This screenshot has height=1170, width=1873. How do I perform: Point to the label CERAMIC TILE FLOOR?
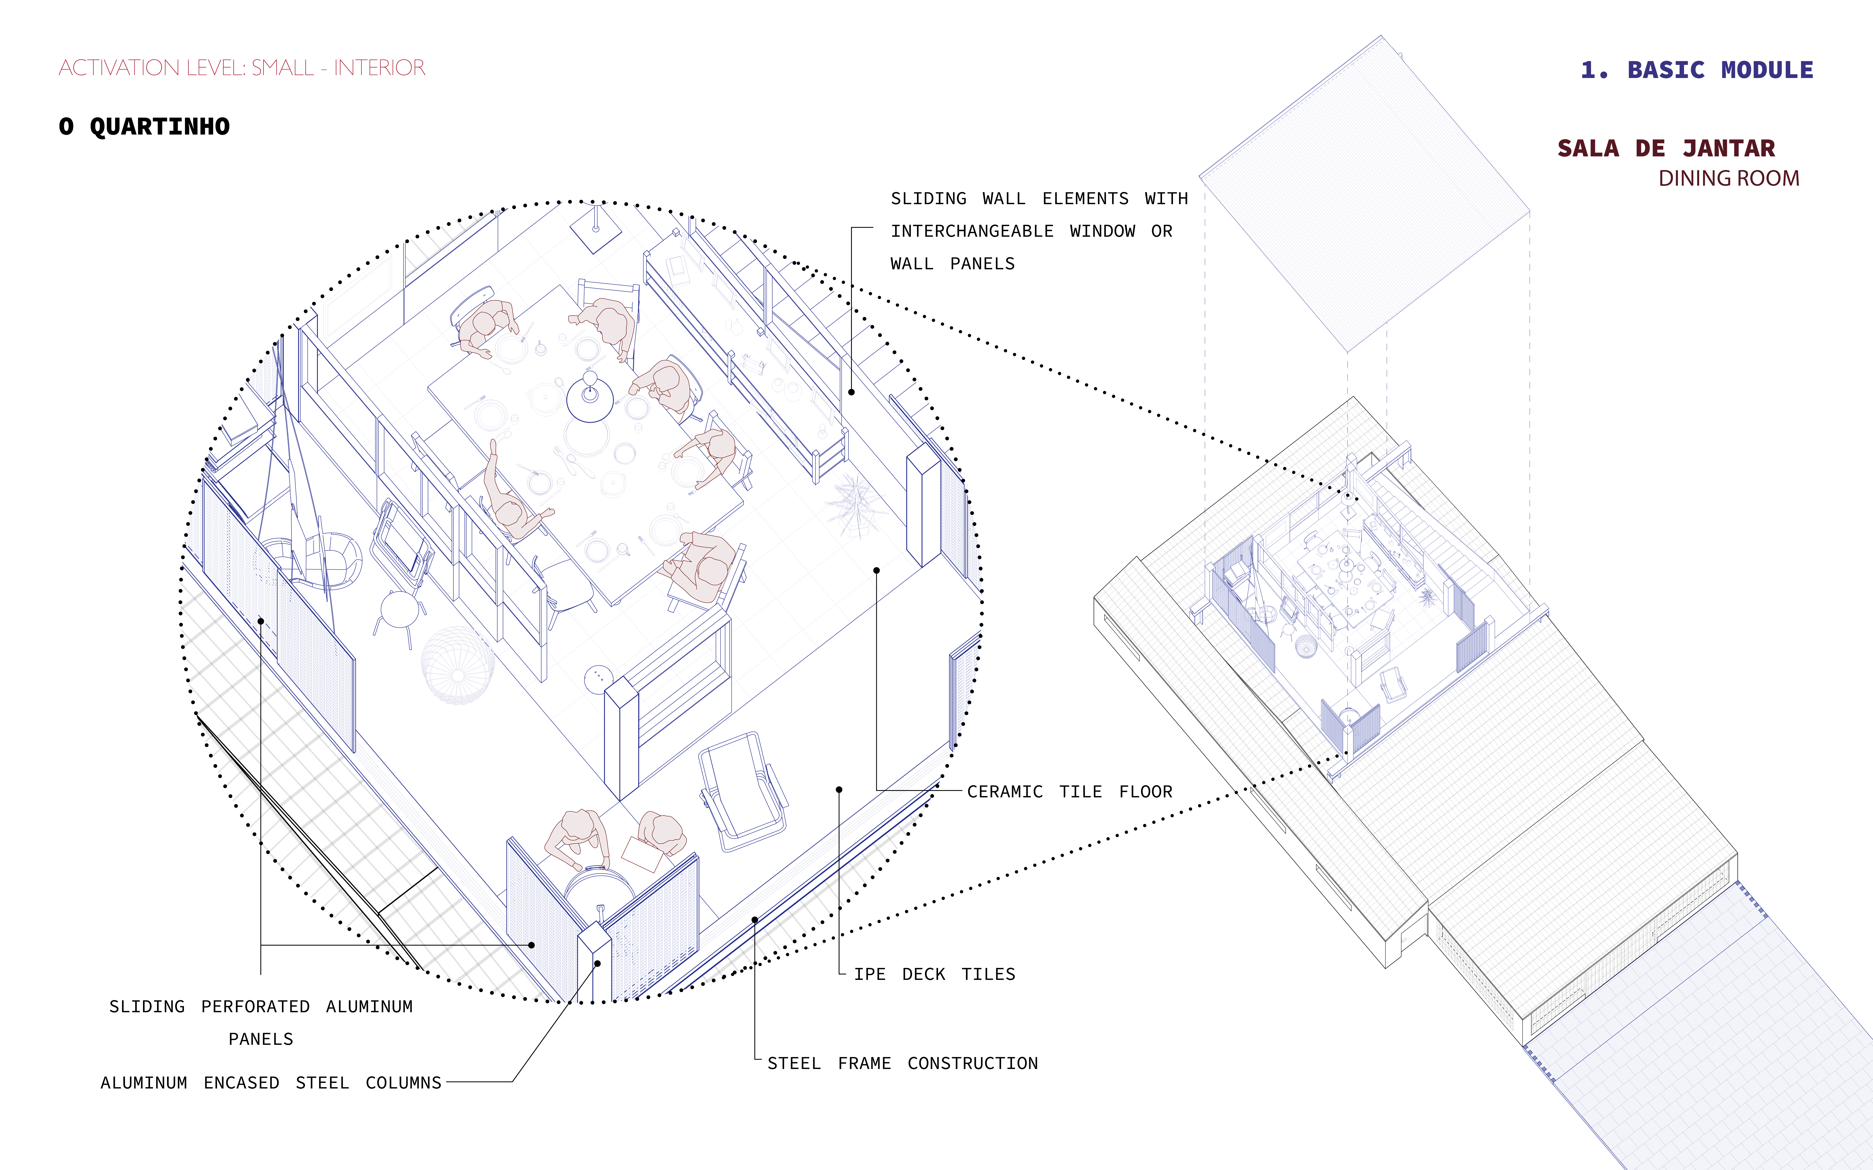coord(1070,792)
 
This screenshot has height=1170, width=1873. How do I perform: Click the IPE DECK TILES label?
coord(934,974)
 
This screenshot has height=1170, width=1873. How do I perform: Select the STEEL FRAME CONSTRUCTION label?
coord(902,1063)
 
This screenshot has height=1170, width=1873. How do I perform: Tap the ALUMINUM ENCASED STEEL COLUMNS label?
coord(271,1083)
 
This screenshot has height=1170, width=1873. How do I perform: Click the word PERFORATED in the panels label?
coord(255,1007)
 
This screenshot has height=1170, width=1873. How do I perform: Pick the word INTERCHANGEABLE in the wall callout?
coord(972,231)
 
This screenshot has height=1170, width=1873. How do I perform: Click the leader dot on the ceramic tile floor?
coord(876,570)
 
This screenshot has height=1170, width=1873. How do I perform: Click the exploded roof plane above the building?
coord(1365,193)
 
